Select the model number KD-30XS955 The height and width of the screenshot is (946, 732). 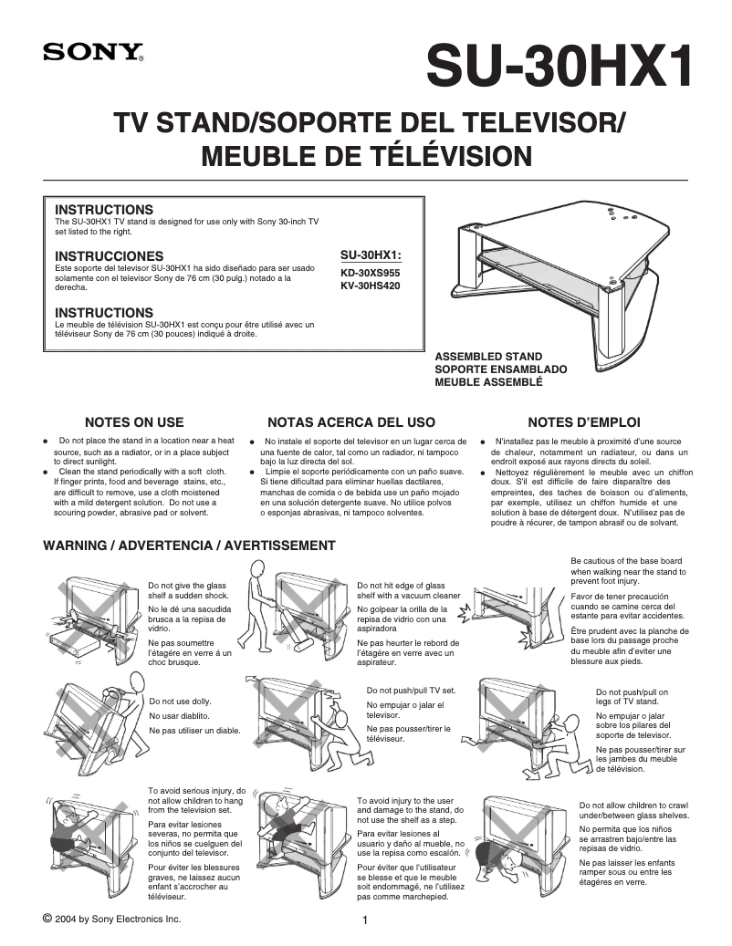pyautogui.click(x=370, y=272)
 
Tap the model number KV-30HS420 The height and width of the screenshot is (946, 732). pyautogui.click(x=370, y=286)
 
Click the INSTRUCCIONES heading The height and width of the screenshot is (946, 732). pyautogui.click(x=110, y=255)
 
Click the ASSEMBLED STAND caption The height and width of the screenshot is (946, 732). pyautogui.click(x=488, y=357)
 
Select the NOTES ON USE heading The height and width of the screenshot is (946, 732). pyautogui.click(x=134, y=422)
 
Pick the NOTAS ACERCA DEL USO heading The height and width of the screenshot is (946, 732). pyautogui.click(x=351, y=422)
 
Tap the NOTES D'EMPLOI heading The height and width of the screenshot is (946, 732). pyautogui.click(x=584, y=422)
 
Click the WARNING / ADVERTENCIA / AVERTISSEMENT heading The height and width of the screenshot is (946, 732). pyautogui.click(x=190, y=546)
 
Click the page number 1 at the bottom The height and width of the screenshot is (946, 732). pyautogui.click(x=365, y=920)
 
